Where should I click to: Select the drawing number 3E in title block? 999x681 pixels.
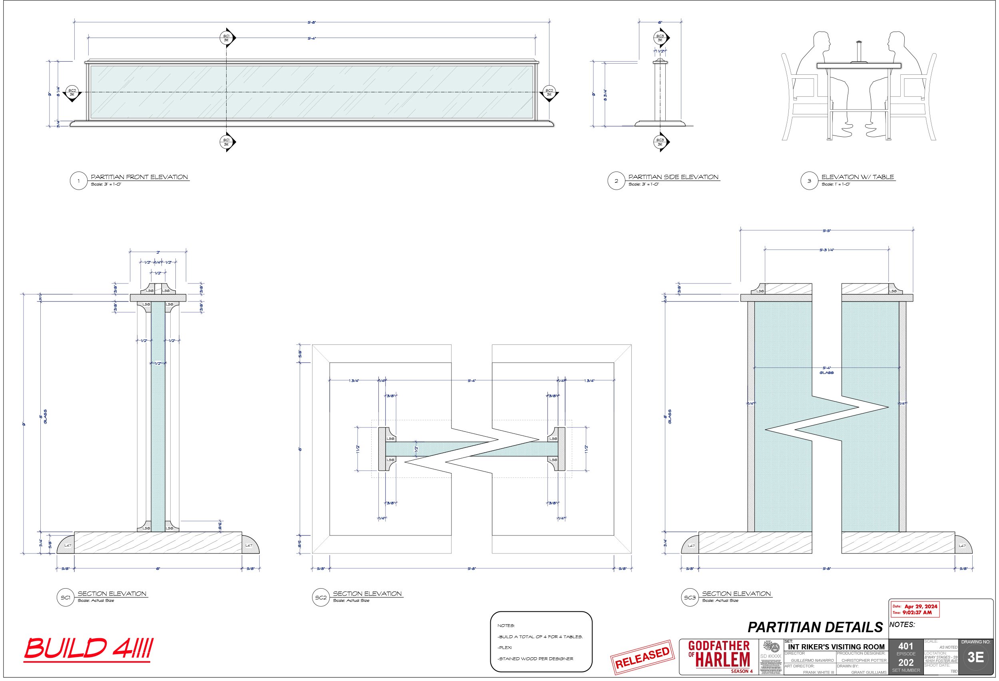[975, 657]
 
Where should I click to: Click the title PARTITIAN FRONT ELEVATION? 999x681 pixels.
[139, 177]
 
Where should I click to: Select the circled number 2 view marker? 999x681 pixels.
[616, 181]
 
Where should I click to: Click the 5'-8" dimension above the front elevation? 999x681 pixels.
[312, 22]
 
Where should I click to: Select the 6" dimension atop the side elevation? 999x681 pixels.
[660, 22]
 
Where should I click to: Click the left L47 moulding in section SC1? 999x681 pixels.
[67, 545]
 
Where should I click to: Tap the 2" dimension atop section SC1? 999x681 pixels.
[158, 252]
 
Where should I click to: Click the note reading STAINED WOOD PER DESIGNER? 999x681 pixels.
[535, 659]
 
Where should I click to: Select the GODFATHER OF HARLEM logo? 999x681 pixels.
[719, 656]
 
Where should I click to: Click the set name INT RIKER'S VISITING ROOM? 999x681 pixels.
[836, 647]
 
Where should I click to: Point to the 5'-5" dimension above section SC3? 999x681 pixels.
[826, 231]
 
